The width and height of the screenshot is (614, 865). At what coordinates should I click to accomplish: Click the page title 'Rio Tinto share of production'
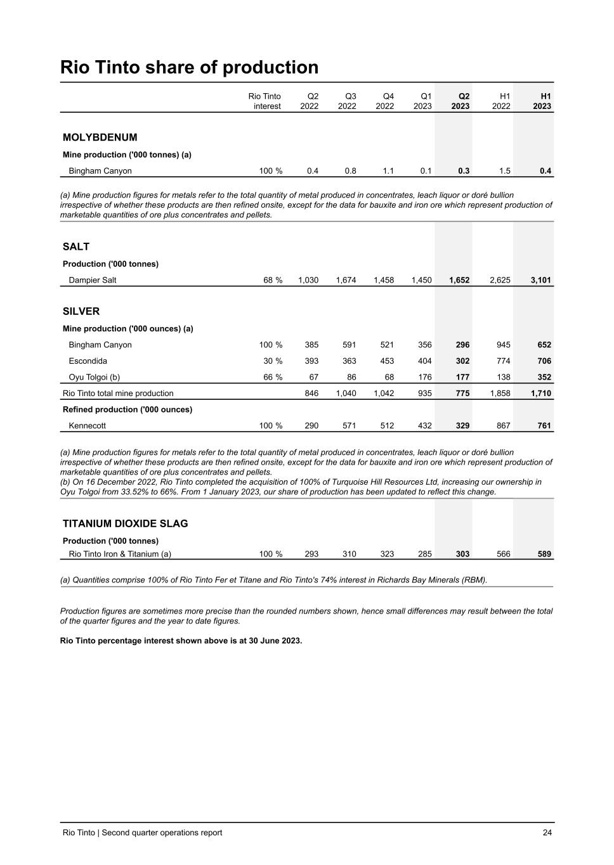tap(189, 68)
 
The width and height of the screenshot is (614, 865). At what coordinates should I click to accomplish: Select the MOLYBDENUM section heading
tap(100, 138)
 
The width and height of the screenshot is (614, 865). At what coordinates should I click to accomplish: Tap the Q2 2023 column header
tap(461, 101)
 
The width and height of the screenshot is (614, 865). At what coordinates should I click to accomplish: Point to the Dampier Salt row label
tap(93, 280)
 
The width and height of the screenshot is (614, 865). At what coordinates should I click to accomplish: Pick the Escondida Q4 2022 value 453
tap(386, 361)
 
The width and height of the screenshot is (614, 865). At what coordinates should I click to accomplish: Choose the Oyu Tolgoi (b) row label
tap(94, 378)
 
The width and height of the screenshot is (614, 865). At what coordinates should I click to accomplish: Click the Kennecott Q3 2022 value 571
tap(349, 426)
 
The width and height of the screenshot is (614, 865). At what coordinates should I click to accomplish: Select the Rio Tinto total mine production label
tap(118, 394)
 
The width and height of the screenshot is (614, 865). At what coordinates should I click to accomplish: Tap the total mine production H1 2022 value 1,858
tap(500, 394)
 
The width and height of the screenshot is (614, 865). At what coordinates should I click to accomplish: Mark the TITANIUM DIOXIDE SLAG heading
tap(125, 524)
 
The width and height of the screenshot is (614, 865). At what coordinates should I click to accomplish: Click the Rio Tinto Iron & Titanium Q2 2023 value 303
tap(462, 554)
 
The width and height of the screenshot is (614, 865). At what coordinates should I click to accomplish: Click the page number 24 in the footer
tap(547, 833)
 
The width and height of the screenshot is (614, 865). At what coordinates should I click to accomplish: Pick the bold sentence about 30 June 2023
tap(181, 640)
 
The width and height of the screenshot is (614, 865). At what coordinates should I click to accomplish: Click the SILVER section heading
tap(81, 312)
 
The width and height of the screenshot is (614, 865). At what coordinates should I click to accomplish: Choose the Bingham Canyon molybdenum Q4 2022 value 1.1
tap(388, 171)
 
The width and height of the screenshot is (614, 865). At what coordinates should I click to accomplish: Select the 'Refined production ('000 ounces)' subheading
tap(127, 409)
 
